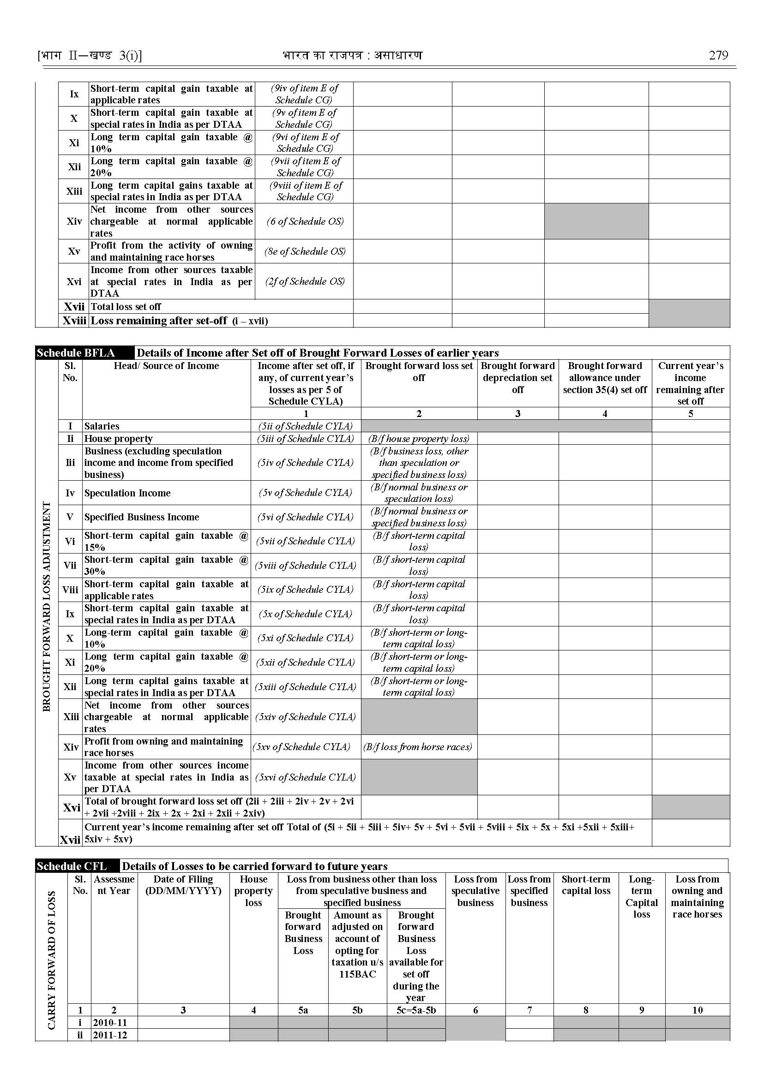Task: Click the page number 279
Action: pyautogui.click(x=718, y=55)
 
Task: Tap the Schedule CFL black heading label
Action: pyautogui.click(x=72, y=866)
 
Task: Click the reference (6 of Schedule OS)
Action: pyautogui.click(x=305, y=221)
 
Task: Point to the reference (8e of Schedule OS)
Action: pyautogui.click(x=305, y=251)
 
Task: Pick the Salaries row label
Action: pyautogui.click(x=102, y=426)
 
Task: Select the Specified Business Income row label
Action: pyautogui.click(x=142, y=517)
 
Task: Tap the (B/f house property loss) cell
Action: pyautogui.click(x=419, y=439)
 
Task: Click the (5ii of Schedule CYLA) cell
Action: pyautogui.click(x=305, y=426)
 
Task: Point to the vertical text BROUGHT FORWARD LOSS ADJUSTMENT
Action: pyautogui.click(x=47, y=607)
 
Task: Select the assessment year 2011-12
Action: pyautogui.click(x=109, y=1035)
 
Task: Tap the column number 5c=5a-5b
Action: pyautogui.click(x=416, y=1010)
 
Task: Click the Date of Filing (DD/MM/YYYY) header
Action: pyautogui.click(x=183, y=885)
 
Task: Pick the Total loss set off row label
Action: pyautogui.click(x=126, y=307)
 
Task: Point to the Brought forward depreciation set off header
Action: pyautogui.click(x=517, y=377)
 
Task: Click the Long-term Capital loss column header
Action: pyautogui.click(x=641, y=897)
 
